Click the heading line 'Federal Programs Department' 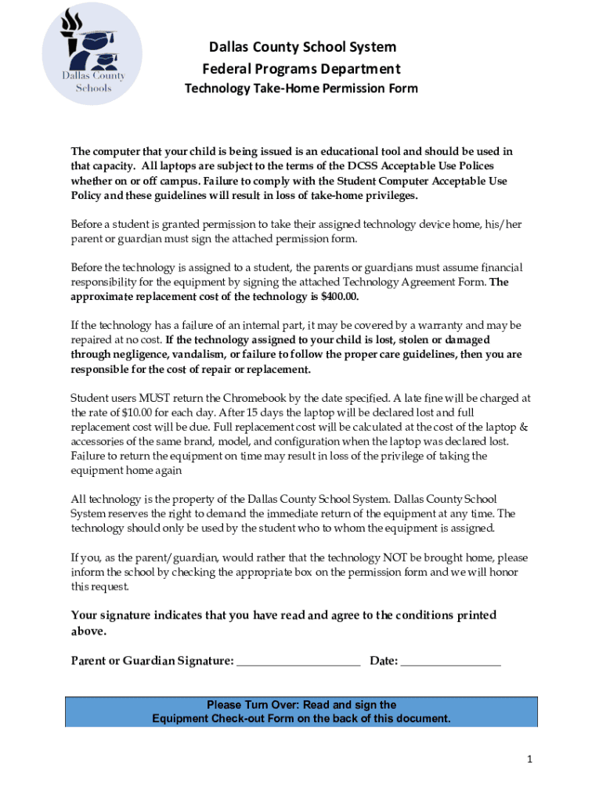(301, 69)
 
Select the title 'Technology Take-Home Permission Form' (301, 89)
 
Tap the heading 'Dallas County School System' (301, 47)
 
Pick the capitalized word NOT (393, 558)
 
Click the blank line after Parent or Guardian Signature (298, 662)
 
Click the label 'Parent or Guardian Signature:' (152, 661)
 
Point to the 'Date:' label (384, 661)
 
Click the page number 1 (530, 759)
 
